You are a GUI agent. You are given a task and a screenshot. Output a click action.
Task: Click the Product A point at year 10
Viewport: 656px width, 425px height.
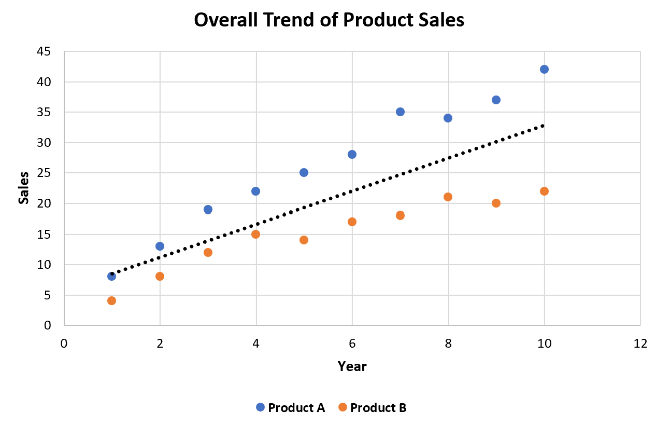544,70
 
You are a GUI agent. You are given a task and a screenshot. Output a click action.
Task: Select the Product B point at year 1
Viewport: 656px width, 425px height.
111,300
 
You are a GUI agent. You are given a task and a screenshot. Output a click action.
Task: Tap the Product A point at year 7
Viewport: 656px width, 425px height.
400,112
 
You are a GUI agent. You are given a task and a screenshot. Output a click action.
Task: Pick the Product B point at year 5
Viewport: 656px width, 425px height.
304,240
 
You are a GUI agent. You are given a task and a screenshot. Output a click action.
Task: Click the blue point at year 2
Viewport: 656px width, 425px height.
160,246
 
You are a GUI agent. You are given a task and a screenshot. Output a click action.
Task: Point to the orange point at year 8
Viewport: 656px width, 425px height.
448,197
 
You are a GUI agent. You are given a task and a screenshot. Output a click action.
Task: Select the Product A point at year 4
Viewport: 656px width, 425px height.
255,191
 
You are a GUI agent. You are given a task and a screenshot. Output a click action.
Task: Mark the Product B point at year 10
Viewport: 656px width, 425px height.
544,191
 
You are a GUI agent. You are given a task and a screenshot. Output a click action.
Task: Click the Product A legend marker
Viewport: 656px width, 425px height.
260,407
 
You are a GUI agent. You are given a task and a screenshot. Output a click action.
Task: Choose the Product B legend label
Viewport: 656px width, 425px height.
378,408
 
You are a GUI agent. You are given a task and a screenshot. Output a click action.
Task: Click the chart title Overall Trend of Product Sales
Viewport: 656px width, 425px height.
329,20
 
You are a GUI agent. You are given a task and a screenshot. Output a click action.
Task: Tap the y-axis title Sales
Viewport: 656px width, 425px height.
24,187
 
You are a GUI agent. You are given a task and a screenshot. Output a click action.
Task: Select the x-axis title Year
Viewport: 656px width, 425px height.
352,366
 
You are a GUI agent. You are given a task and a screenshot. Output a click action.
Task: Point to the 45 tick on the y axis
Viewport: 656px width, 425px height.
44,51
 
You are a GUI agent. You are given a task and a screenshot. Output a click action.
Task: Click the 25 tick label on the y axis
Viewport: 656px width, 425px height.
44,173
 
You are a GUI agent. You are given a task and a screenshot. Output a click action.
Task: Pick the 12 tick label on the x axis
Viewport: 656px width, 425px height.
640,344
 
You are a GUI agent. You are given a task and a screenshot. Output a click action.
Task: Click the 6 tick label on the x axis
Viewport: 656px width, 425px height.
352,344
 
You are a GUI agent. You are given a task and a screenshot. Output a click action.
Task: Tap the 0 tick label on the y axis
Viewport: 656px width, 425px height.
47,325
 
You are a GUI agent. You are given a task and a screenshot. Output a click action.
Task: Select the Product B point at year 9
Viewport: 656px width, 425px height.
496,203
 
